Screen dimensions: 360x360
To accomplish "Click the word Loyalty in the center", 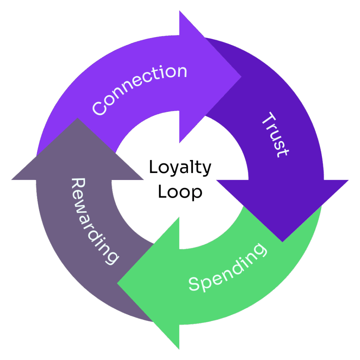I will click(180, 168).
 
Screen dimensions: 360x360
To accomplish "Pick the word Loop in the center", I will click(180, 192).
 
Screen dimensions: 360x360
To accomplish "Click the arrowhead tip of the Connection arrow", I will click(241, 77).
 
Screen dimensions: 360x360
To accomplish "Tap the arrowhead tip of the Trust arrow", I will click(282, 242).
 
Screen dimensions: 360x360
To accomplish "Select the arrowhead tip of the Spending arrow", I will click(117, 282).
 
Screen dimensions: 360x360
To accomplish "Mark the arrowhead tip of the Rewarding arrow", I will click(77, 119).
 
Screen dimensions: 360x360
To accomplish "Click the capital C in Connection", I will click(99, 107).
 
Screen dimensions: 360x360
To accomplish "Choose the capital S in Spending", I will click(194, 284).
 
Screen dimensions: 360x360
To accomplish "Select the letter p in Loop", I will click(196, 194).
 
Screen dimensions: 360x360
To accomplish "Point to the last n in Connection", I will click(181, 72).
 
